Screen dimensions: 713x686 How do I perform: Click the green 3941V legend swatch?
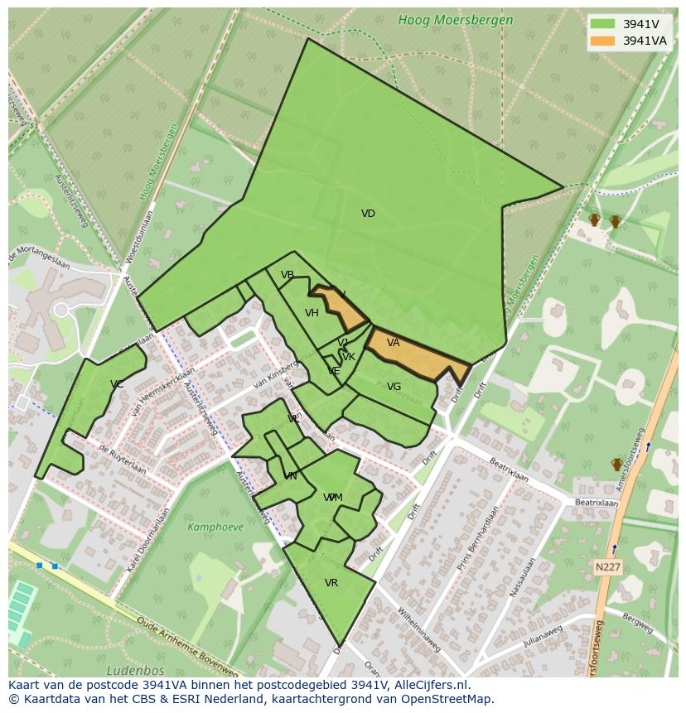coord(602,24)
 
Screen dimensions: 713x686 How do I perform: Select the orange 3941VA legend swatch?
coord(602,41)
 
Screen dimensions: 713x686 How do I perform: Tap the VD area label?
coord(368,214)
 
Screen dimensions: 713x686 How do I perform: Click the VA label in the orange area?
coord(393,343)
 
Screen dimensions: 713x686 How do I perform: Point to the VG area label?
coord(394,387)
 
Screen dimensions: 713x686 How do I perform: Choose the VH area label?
coord(312,313)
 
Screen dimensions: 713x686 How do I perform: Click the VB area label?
coord(287,275)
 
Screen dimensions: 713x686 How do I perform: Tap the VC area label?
coord(116,384)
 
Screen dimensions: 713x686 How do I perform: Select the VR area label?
coord(331,583)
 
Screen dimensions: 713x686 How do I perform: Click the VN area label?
coord(290,476)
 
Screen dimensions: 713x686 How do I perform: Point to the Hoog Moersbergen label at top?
coord(455,20)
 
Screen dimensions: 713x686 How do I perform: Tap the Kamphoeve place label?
coord(215,527)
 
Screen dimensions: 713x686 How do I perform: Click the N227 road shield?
coord(607,567)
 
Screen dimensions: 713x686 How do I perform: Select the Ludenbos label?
coord(135,670)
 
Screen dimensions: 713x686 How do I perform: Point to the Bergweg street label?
coord(637,619)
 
